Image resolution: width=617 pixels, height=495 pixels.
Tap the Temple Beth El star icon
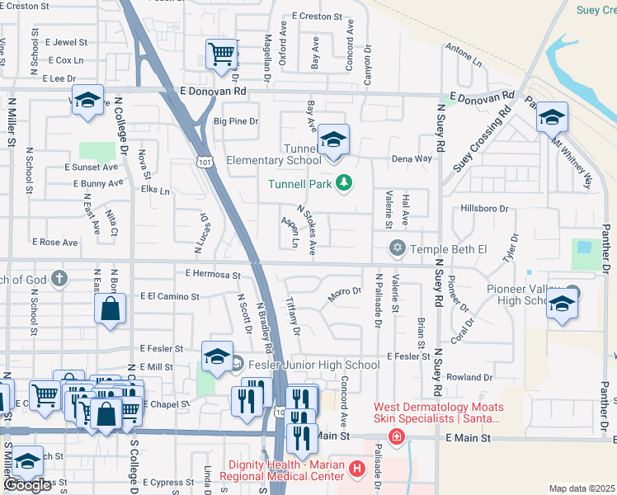point(398,247)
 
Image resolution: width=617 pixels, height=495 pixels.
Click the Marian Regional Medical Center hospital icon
point(356,469)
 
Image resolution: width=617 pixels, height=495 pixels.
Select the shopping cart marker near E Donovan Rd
point(221,55)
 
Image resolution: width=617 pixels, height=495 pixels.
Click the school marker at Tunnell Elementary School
point(333,140)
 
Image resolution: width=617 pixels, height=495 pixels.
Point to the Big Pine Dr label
point(237,121)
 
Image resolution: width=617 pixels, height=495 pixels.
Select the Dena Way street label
point(412,158)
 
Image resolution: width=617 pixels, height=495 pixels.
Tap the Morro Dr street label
point(345,293)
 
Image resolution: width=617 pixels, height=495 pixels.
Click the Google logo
point(27,485)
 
